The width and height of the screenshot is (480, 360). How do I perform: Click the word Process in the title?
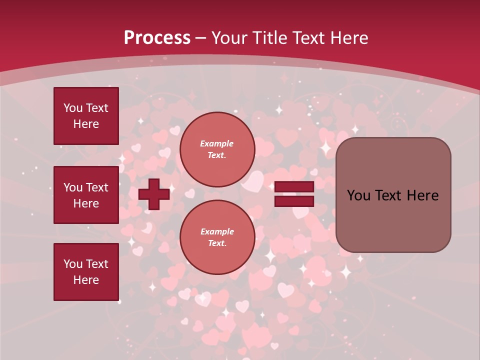click(x=157, y=38)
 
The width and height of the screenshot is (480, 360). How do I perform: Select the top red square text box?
click(x=86, y=116)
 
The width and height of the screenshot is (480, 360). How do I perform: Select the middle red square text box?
click(x=86, y=195)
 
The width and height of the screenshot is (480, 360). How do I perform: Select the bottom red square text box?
click(x=86, y=272)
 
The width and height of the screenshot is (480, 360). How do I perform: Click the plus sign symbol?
click(x=154, y=194)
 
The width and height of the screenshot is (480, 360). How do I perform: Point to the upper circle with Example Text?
click(x=217, y=149)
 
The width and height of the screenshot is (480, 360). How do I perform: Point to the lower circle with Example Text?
click(x=217, y=237)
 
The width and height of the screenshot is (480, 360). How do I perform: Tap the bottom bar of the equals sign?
click(x=294, y=201)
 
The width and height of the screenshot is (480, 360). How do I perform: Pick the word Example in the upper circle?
click(x=217, y=143)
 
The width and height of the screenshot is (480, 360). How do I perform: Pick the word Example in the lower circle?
click(x=217, y=231)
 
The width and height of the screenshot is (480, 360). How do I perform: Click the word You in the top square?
click(x=73, y=108)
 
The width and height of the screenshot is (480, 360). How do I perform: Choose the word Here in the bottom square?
click(x=86, y=280)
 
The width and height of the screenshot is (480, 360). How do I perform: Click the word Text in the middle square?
click(x=97, y=187)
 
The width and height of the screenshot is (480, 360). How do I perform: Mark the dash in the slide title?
click(x=201, y=38)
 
